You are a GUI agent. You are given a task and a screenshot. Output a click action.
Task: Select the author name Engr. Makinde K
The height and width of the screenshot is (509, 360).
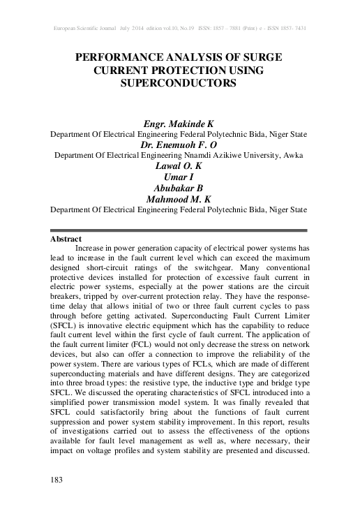pyautogui.click(x=179, y=122)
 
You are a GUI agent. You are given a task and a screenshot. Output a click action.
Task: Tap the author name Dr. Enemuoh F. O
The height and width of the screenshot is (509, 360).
pyautogui.click(x=179, y=145)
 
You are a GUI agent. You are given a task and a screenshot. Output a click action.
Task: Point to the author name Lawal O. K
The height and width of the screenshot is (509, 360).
pyautogui.click(x=179, y=167)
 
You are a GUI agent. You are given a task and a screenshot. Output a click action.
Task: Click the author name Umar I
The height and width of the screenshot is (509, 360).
pyautogui.click(x=179, y=177)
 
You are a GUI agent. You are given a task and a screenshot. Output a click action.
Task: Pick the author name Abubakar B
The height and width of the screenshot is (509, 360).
pyautogui.click(x=179, y=188)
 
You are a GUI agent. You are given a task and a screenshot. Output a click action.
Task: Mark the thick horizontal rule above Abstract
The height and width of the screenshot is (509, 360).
pyautogui.click(x=179, y=230)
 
